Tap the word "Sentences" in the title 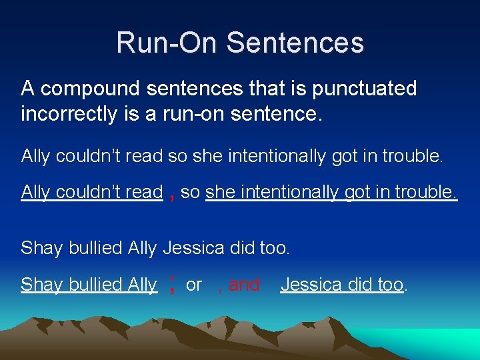point(295,43)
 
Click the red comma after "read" point(173,195)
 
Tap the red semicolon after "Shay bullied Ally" point(173,285)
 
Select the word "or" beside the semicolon point(194,285)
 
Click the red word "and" point(244,285)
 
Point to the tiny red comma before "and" point(220,290)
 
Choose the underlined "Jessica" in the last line point(313,285)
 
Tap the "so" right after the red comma point(191,193)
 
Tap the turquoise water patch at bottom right point(440,344)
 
